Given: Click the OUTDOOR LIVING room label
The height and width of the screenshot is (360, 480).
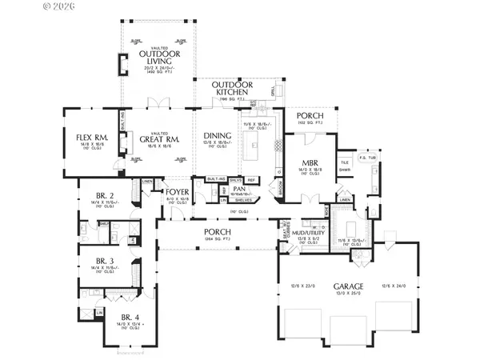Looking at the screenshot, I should tap(159, 59).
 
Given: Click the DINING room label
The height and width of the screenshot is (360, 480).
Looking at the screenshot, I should tap(218, 136).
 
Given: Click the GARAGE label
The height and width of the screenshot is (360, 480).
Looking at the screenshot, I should tap(348, 286).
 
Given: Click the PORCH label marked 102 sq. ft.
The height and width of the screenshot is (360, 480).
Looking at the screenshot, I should tap(309, 116).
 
